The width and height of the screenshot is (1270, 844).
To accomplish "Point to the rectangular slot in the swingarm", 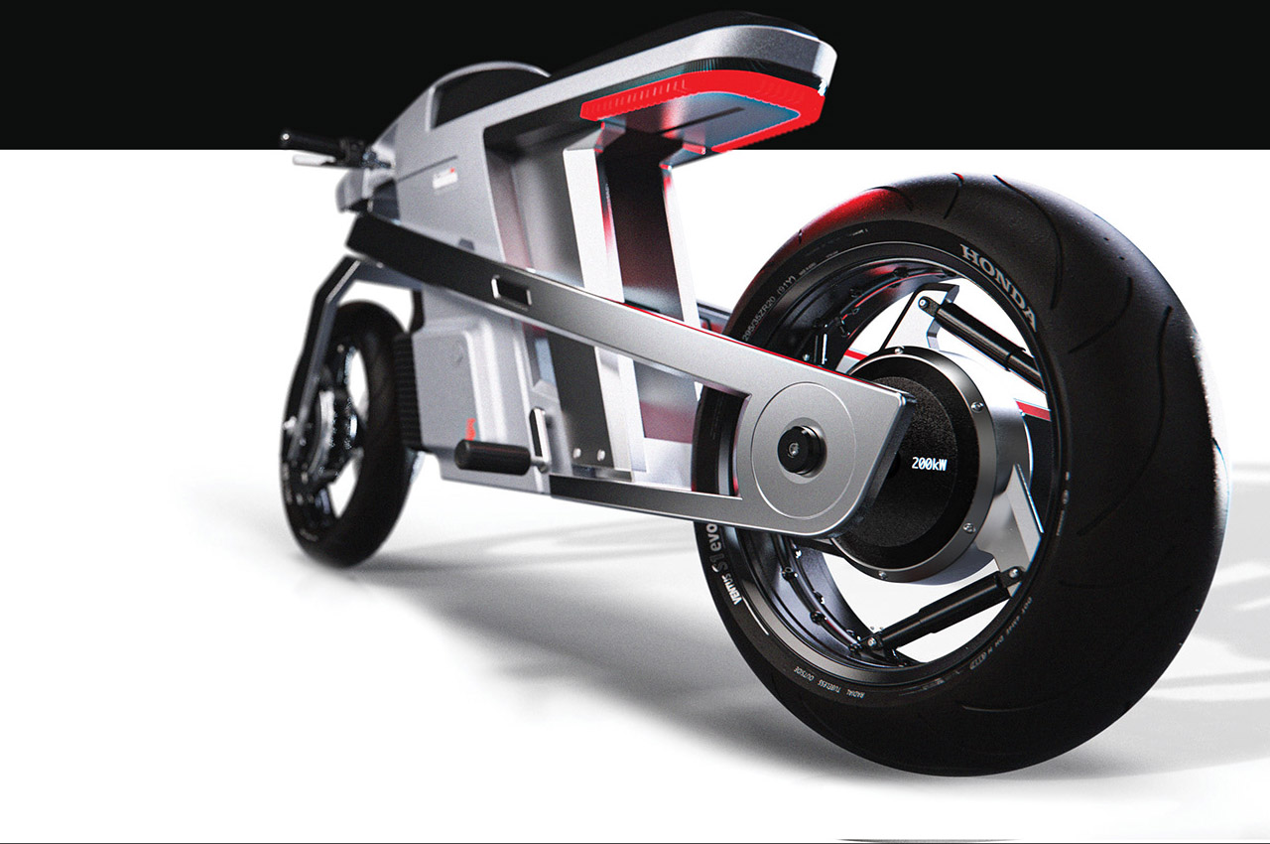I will point(510,292).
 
